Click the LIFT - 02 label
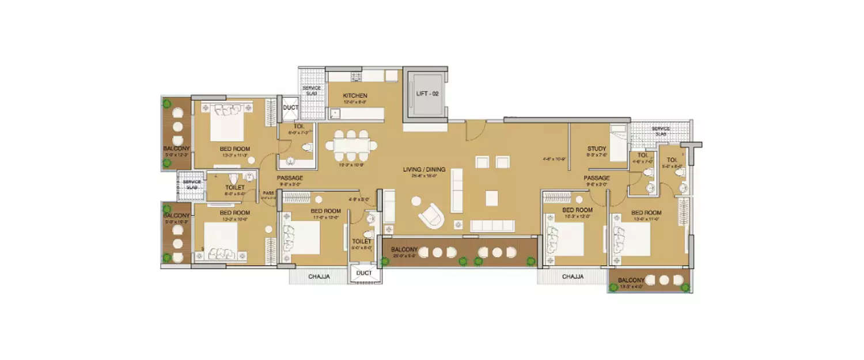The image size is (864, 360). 427,93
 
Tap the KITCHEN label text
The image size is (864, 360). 355,96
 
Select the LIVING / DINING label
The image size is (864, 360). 424,169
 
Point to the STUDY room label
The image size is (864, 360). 597,149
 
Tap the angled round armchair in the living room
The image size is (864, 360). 431,216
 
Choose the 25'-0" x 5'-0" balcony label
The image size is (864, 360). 404,250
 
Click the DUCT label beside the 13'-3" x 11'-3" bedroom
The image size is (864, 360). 289,107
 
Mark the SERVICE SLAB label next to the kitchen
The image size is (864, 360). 312,90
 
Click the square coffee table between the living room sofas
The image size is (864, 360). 491,198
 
